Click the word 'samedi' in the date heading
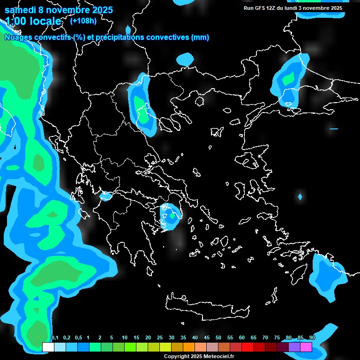coord(20,9)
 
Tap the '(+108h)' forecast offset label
coord(83,21)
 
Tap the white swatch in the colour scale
coord(48,347)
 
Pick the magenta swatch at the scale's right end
coord(306,347)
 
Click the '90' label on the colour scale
coord(312,338)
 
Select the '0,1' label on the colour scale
coord(55,338)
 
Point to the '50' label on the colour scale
coord(218,338)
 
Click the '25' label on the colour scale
coord(160,338)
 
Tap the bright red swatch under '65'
coord(247,347)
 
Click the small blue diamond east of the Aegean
coord(300,196)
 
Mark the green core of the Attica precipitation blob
coord(172,216)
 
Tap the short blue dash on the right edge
coord(334,128)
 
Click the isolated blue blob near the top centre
coord(185,60)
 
